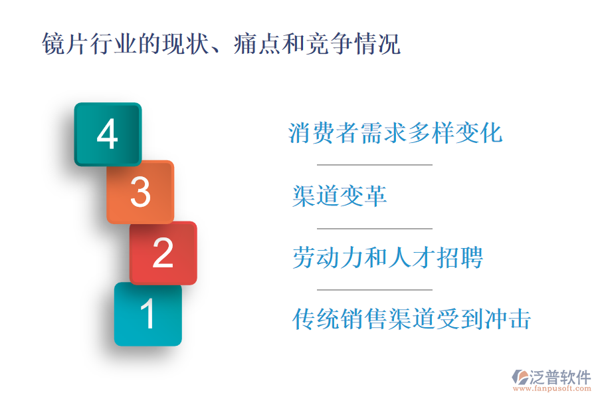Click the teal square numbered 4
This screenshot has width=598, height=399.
(x=108, y=134)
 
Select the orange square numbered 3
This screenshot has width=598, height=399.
(x=140, y=192)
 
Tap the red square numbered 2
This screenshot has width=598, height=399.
(x=163, y=253)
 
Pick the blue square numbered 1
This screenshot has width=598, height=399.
(x=148, y=314)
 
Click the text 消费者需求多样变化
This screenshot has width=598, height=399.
(x=395, y=133)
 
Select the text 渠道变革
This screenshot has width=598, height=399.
(x=340, y=196)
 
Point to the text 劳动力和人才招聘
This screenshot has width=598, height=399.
(x=387, y=257)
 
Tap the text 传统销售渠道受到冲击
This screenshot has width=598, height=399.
(x=411, y=319)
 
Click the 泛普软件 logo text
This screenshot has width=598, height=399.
(x=559, y=377)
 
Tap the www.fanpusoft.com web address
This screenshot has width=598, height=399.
(x=552, y=390)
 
